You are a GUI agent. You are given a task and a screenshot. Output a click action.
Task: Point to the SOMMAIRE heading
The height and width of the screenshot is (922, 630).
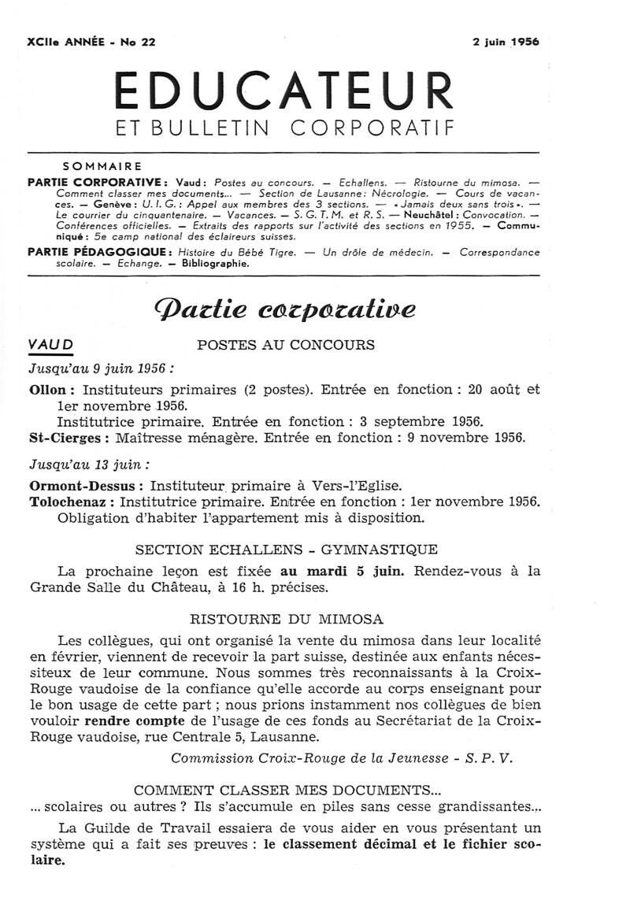pyautogui.click(x=102, y=167)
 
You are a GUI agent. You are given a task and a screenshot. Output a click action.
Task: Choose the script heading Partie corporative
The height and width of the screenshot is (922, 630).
pyautogui.click(x=284, y=307)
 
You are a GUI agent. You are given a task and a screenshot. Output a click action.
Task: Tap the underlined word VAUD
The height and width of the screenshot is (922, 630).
pyautogui.click(x=50, y=344)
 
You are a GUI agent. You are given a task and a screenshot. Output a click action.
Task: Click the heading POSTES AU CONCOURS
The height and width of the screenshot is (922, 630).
pyautogui.click(x=285, y=345)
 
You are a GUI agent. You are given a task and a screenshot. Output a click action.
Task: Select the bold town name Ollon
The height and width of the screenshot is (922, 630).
pyautogui.click(x=51, y=390)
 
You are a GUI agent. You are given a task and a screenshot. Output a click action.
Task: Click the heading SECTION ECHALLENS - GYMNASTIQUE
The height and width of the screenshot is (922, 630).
pyautogui.click(x=286, y=550)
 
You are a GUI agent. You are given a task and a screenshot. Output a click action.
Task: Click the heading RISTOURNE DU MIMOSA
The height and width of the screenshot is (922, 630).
pyautogui.click(x=286, y=620)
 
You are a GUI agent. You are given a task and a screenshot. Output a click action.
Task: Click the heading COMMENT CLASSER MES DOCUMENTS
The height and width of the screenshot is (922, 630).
pyautogui.click(x=285, y=790)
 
